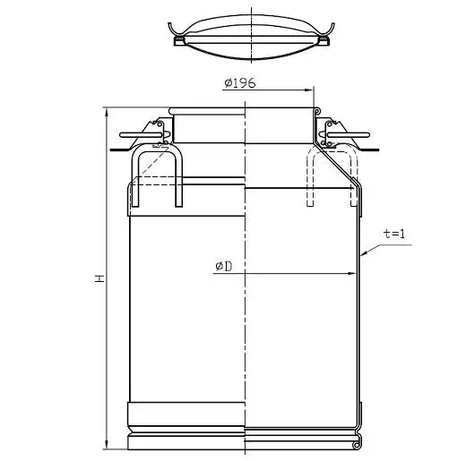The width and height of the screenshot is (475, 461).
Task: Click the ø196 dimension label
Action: coord(240,83)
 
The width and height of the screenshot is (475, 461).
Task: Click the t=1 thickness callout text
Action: coord(394,234)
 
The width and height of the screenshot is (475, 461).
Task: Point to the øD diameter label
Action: coord(224,266)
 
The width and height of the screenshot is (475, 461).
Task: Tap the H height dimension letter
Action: coord(99,278)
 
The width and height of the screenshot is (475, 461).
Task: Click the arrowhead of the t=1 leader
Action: coord(365,253)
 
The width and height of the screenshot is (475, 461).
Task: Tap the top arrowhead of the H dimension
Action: coord(107,112)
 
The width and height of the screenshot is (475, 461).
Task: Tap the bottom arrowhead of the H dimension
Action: coord(107,445)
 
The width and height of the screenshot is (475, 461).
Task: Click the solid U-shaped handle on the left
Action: coord(157,147)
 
